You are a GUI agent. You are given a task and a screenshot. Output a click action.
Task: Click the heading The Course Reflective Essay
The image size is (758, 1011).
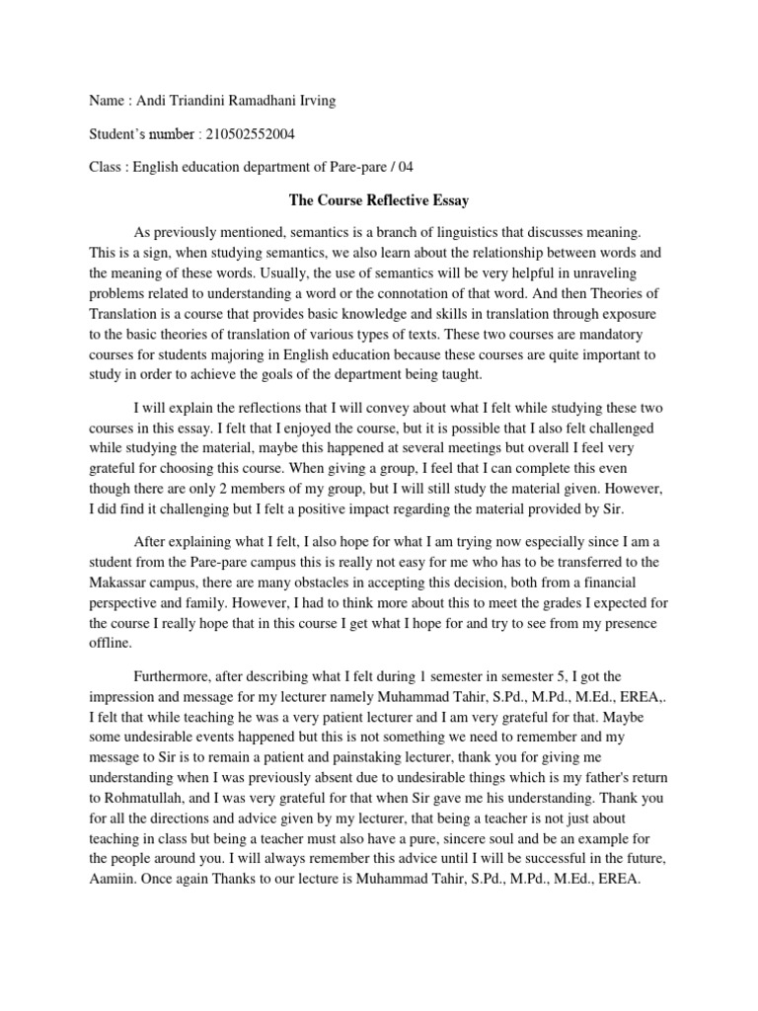(378, 199)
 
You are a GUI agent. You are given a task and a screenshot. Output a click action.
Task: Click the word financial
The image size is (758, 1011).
(626, 583)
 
